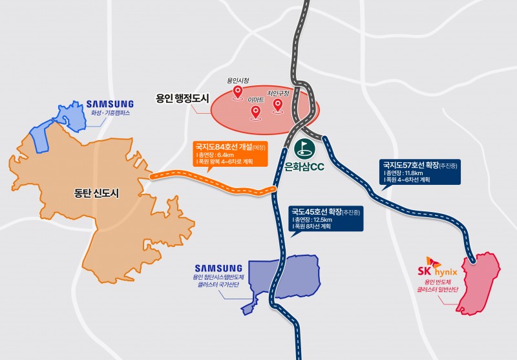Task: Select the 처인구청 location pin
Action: [279, 105]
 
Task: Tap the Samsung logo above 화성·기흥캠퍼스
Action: [110, 103]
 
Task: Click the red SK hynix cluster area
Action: [481, 284]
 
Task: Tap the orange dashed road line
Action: [213, 182]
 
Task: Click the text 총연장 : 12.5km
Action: [313, 221]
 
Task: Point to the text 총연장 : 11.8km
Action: [405, 173]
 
